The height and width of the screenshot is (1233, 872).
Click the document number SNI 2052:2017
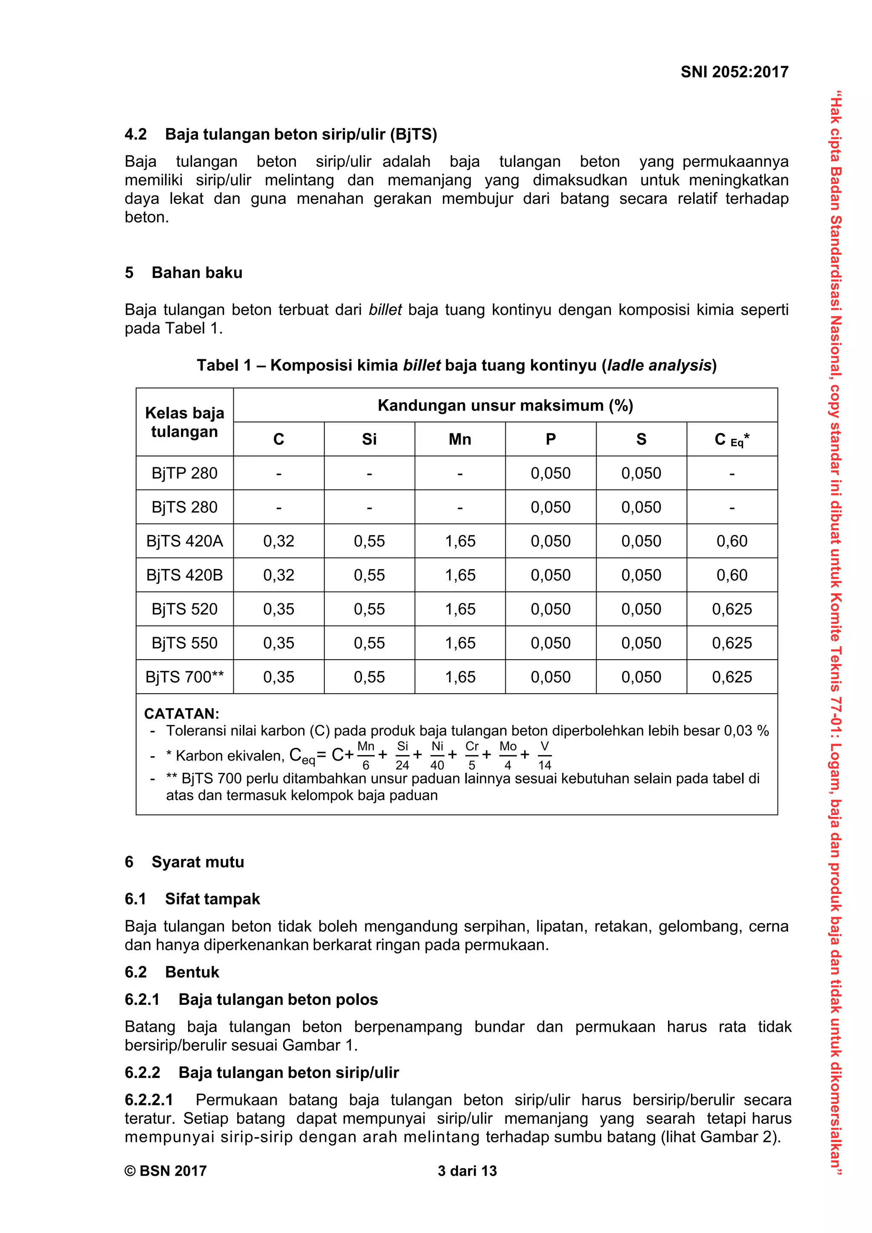pos(734,72)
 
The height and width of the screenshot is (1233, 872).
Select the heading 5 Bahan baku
pos(183,272)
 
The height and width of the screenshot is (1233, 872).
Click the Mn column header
pos(459,439)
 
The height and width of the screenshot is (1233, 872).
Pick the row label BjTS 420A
pos(184,541)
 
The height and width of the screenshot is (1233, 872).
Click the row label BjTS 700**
pos(184,677)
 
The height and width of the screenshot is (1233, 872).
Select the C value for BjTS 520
pos(278,609)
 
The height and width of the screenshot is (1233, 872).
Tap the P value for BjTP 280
pos(550,473)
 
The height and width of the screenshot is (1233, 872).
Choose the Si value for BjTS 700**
pos(369,677)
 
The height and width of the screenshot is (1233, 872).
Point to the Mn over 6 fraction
pos(366,755)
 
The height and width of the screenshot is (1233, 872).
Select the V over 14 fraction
pos(544,755)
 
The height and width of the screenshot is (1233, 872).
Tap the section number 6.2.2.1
pos(149,1099)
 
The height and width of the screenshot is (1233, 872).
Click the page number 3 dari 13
pos(467,1171)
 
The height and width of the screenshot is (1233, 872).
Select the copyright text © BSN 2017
pos(166,1171)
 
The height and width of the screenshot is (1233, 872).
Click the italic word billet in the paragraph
pos(384,310)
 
